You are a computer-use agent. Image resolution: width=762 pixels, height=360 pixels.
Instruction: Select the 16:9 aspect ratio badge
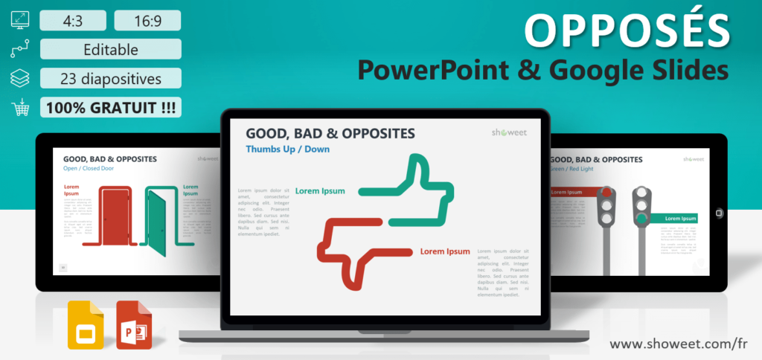[x=148, y=21]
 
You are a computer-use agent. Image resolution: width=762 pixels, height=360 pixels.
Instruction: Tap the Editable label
[x=111, y=49]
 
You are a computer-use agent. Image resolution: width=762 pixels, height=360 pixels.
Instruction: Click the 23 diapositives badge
[x=111, y=78]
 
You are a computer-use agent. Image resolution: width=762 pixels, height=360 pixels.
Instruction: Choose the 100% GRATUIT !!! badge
[x=111, y=107]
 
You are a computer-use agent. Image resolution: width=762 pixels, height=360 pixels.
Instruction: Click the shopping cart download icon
[x=20, y=108]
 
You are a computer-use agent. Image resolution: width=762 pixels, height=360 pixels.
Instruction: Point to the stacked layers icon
[x=20, y=78]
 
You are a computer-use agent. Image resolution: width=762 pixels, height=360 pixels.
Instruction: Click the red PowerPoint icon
[x=134, y=325]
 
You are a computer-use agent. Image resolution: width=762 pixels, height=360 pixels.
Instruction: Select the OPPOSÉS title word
[x=627, y=30]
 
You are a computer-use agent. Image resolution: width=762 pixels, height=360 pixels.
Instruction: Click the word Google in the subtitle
[x=584, y=70]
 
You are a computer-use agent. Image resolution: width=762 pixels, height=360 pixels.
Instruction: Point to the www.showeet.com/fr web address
[x=679, y=344]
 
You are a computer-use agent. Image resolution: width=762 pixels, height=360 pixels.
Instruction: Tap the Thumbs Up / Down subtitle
[x=287, y=149]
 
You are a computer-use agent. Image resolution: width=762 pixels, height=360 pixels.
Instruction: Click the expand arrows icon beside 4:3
[x=20, y=20]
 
